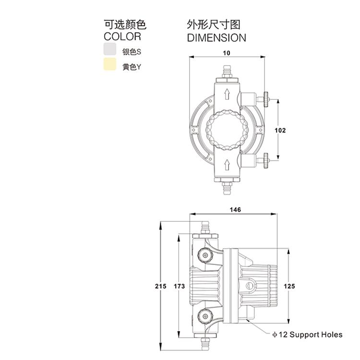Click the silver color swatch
[110, 49]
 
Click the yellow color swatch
[110, 64]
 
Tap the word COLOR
[122, 36]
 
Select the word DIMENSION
[216, 38]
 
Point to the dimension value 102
[280, 131]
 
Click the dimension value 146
[235, 210]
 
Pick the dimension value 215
[160, 286]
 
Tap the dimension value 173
[180, 286]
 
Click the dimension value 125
[289, 286]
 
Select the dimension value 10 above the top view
[227, 53]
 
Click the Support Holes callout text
[307, 335]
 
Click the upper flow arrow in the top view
[227, 94]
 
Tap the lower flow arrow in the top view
[227, 165]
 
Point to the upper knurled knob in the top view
[266, 99]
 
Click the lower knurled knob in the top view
[266, 161]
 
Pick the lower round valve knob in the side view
[205, 316]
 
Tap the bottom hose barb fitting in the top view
[227, 189]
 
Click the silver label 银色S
[132, 52]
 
